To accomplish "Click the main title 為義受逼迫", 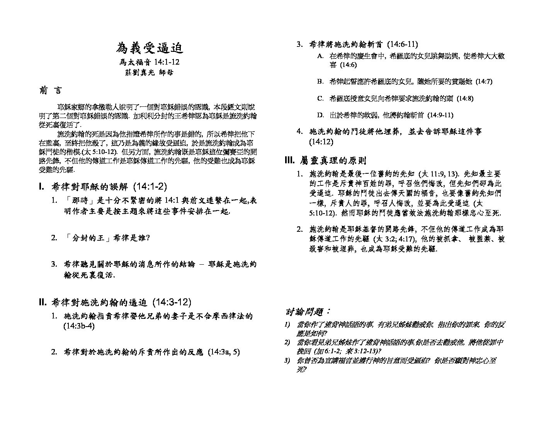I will pyautogui.click(x=150, y=48).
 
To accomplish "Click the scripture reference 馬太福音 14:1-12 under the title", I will pyautogui.click(x=150, y=62).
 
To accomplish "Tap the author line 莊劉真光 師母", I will pyautogui.click(x=150, y=73).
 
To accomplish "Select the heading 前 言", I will pyautogui.click(x=50, y=91).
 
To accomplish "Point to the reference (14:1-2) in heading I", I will pyautogui.click(x=150, y=187).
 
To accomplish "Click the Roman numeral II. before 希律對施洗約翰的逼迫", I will pyautogui.click(x=43, y=302).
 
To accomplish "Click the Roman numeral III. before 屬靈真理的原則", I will pyautogui.click(x=289, y=161).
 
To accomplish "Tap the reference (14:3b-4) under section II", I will pyautogui.click(x=79, y=326).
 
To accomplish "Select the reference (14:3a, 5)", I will pyautogui.click(x=224, y=352).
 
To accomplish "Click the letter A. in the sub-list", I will pyautogui.click(x=320, y=56).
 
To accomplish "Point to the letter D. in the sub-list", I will pyautogui.click(x=320, y=115).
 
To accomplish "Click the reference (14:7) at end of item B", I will pyautogui.click(x=484, y=82).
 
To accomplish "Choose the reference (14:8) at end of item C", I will pyautogui.click(x=465, y=98).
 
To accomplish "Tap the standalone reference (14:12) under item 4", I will pyautogui.click(x=321, y=142).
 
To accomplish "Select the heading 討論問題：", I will pyautogui.click(x=308, y=312).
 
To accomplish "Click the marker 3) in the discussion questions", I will pyautogui.click(x=287, y=361).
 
